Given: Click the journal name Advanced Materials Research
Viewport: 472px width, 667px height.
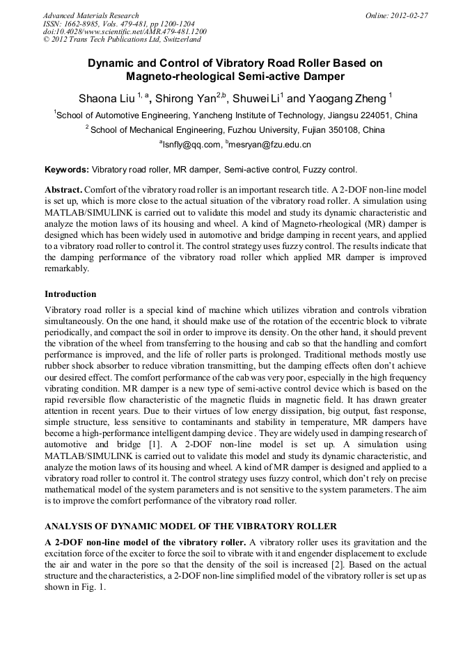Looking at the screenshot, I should pos(91,15).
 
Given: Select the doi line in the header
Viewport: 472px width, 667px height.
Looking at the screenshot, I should pos(125,32).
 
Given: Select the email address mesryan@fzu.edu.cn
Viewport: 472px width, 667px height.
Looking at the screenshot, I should pos(270,145).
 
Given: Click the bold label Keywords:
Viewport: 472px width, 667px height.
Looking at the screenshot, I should pos(67,169).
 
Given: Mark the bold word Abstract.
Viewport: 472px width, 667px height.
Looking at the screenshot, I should pos(64,189).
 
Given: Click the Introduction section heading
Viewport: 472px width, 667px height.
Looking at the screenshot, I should pos(70,294).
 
